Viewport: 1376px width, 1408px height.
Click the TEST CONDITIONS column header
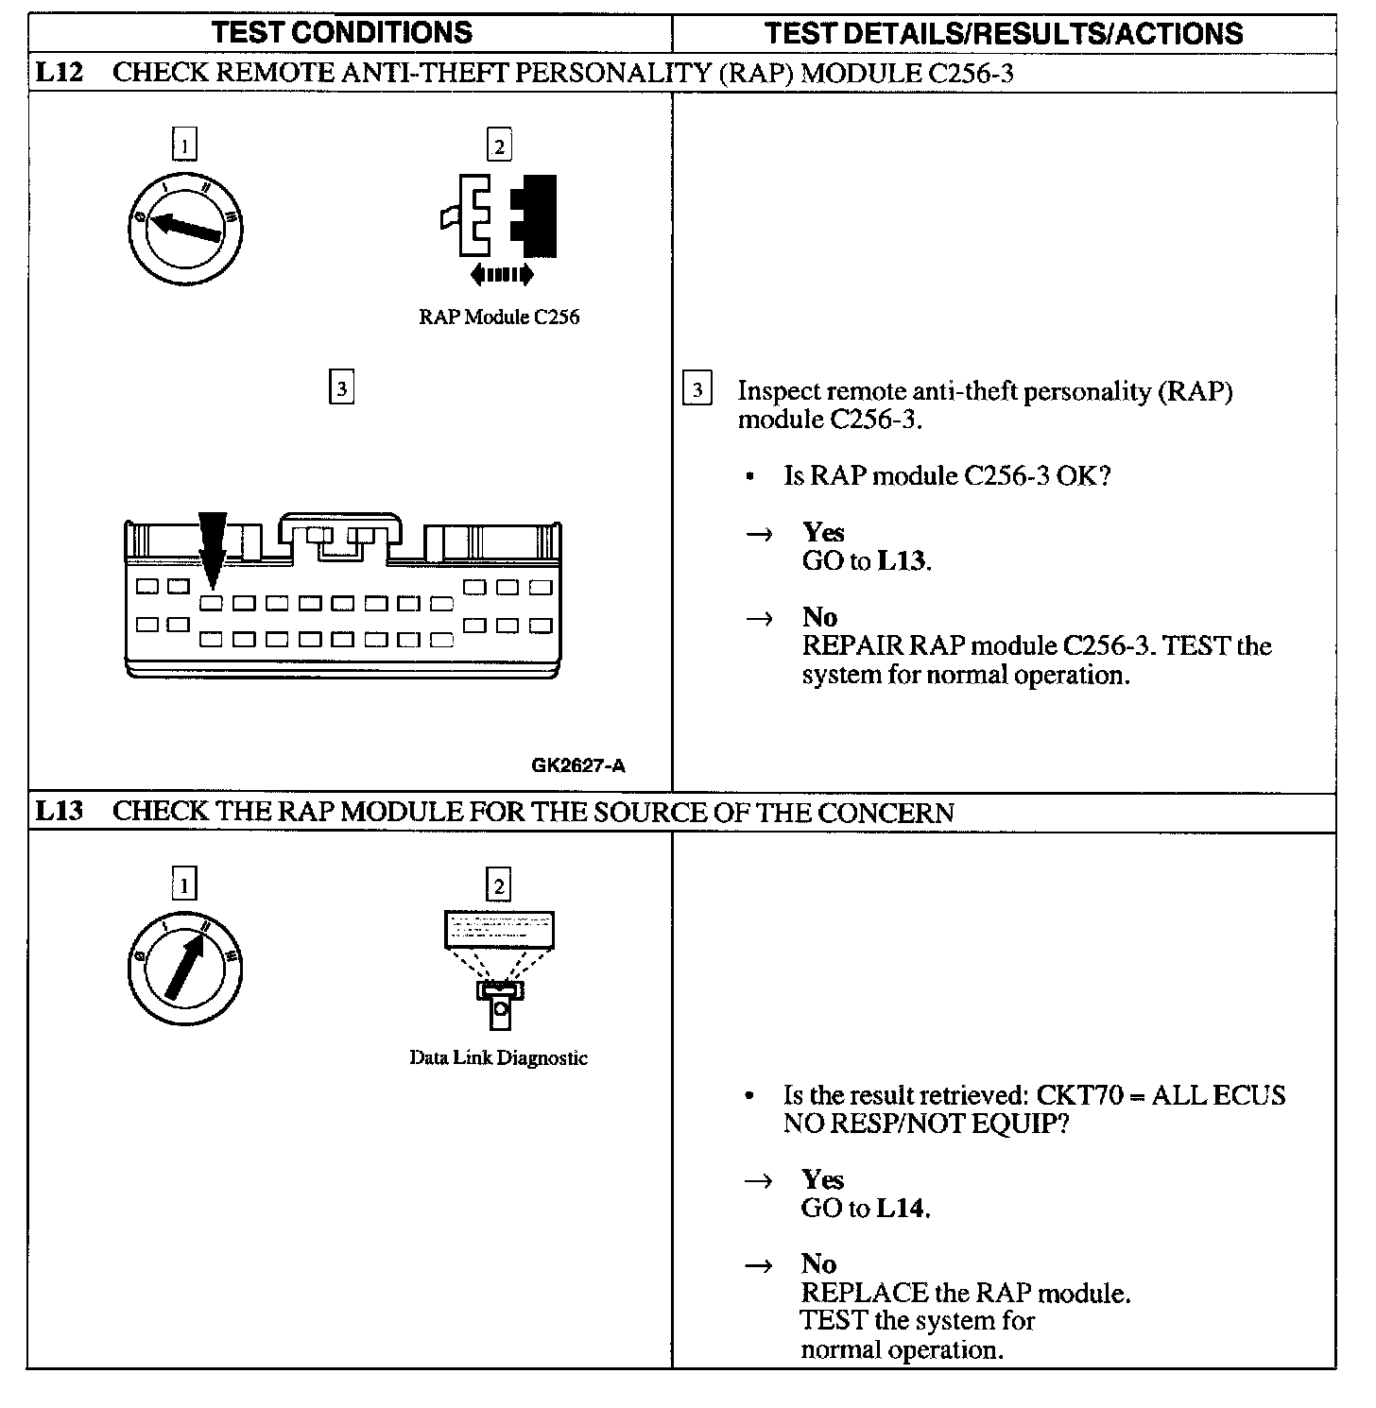point(342,33)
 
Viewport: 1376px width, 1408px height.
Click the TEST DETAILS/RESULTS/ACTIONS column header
point(1004,34)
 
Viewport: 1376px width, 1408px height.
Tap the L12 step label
point(59,73)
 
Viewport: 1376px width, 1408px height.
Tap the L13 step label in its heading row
point(59,812)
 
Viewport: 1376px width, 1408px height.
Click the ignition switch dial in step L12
point(185,228)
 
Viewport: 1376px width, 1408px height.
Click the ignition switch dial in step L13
point(185,968)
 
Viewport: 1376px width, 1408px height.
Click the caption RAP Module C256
point(499,318)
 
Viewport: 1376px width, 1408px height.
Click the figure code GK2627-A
point(578,765)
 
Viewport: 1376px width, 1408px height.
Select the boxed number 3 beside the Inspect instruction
point(697,389)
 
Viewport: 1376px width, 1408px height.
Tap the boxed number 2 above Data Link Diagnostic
point(498,884)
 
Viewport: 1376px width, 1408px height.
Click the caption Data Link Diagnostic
point(498,1058)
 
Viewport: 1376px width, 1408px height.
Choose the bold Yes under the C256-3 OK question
point(823,532)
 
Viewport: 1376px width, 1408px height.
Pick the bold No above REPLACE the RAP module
point(818,1264)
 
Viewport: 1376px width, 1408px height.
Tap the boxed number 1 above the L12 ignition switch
point(185,145)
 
